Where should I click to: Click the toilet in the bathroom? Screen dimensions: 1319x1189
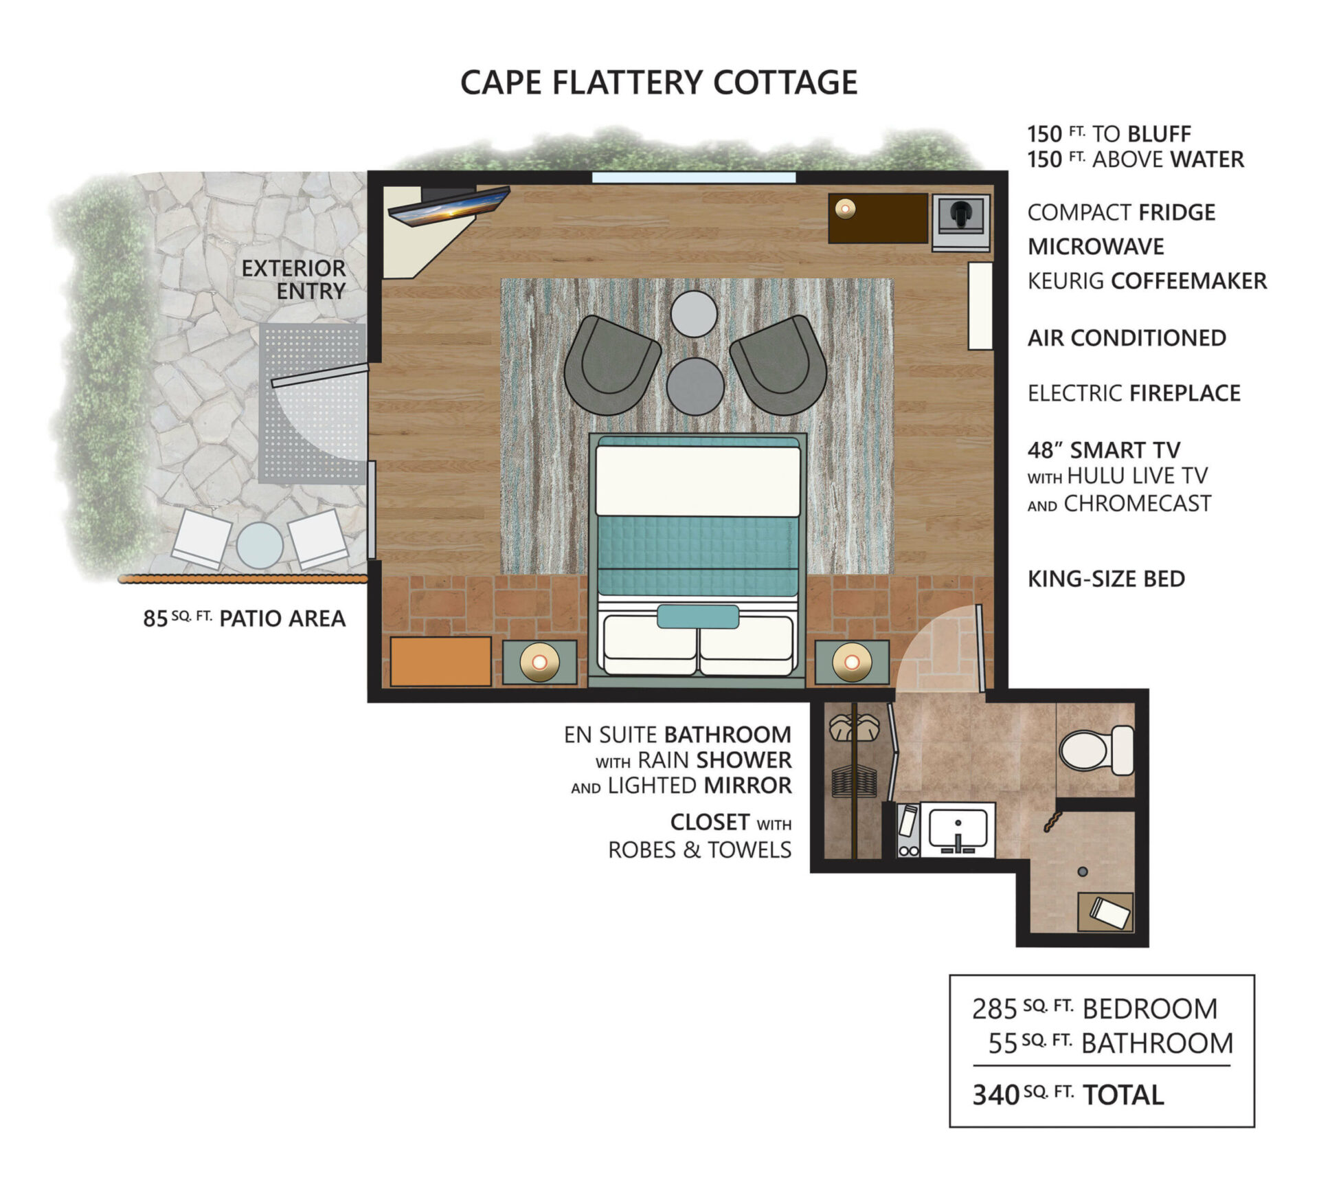point(1096,750)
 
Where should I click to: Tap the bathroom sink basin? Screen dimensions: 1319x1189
point(958,829)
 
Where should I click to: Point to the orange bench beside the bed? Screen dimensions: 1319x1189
point(440,661)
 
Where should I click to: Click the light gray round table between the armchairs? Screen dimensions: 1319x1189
point(694,314)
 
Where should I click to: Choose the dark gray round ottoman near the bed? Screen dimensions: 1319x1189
point(695,386)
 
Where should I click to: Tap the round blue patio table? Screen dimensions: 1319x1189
point(260,545)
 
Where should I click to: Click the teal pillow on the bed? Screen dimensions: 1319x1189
point(697,616)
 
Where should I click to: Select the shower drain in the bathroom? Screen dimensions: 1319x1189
point(1083,871)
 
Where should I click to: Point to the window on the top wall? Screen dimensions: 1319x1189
point(694,177)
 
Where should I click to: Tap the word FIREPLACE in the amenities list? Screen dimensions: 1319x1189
point(1185,393)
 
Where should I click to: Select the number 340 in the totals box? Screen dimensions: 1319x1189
point(995,1094)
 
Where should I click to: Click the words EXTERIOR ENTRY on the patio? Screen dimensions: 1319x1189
point(293,279)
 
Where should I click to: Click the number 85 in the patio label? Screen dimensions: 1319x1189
point(155,619)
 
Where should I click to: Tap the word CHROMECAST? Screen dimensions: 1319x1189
point(1138,504)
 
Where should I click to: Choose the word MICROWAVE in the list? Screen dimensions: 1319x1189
point(1096,247)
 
